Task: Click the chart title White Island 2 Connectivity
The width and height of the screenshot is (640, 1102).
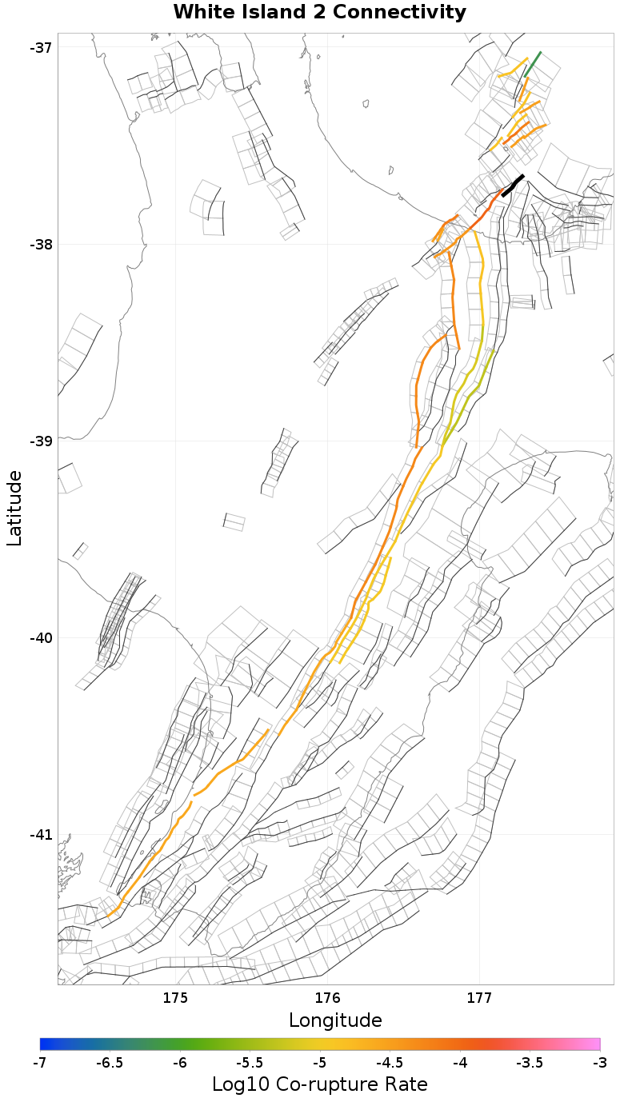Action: (319, 13)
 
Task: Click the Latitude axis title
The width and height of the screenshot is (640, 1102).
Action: (14, 508)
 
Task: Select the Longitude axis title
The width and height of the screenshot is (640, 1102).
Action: (335, 1020)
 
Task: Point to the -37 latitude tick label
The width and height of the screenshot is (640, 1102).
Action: (41, 47)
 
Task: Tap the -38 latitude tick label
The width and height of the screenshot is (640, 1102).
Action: (41, 244)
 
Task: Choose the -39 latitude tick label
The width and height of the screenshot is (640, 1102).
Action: (41, 441)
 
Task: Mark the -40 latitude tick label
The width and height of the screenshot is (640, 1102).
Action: (41, 637)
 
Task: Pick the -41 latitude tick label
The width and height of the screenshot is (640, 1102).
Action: (41, 834)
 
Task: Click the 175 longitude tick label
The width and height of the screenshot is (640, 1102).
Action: (175, 997)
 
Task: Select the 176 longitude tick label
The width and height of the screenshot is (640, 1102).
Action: (327, 997)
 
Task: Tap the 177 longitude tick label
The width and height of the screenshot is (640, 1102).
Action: (479, 997)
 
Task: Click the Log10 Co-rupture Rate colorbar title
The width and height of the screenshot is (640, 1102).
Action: (319, 1084)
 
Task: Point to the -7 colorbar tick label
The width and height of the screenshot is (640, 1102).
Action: (40, 1062)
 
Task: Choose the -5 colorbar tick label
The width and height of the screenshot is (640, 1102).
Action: (320, 1062)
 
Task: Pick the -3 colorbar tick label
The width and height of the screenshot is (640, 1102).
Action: (599, 1062)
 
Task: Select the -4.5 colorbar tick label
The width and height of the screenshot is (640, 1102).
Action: (390, 1062)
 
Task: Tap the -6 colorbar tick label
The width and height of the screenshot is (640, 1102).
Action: (180, 1062)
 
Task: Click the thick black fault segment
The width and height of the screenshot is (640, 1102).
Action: (513, 185)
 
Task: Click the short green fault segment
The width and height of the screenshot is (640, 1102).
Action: (533, 63)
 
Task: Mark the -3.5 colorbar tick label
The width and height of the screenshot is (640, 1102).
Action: (530, 1062)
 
